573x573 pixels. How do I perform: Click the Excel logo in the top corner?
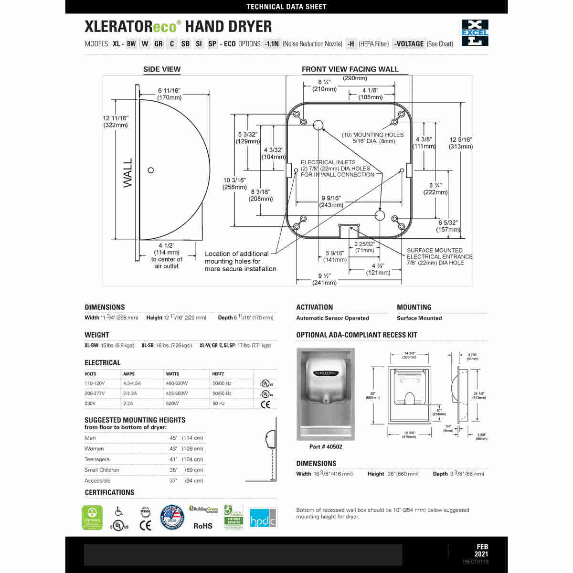pyautogui.click(x=475, y=32)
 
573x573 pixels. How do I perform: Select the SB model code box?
pyautogui.click(x=185, y=44)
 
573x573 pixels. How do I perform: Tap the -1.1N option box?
pyautogui.click(x=272, y=44)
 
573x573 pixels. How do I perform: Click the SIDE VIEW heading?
pyautogui.click(x=162, y=69)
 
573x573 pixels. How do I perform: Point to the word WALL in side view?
pyautogui.click(x=128, y=172)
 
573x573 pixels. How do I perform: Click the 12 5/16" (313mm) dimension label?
pyautogui.click(x=461, y=143)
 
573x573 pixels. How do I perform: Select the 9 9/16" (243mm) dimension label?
pyautogui.click(x=331, y=202)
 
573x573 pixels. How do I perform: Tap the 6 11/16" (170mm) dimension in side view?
pyautogui.click(x=170, y=94)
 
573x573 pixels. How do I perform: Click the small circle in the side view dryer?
pyautogui.click(x=151, y=170)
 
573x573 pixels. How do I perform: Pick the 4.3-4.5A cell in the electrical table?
pyautogui.click(x=132, y=383)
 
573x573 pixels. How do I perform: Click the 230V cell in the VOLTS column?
pyautogui.click(x=91, y=403)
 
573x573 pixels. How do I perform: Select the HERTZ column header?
pyautogui.click(x=218, y=374)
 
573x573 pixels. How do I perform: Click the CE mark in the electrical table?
pyautogui.click(x=265, y=404)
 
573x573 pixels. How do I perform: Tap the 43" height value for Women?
pyautogui.click(x=173, y=449)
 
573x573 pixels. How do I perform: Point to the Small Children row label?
pyautogui.click(x=102, y=470)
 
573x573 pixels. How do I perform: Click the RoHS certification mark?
pyautogui.click(x=202, y=526)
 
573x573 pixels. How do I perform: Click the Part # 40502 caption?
pyautogui.click(x=326, y=447)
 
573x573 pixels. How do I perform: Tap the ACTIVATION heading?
pyautogui.click(x=314, y=308)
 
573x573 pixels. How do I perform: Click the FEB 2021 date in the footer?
pyautogui.click(x=482, y=551)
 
